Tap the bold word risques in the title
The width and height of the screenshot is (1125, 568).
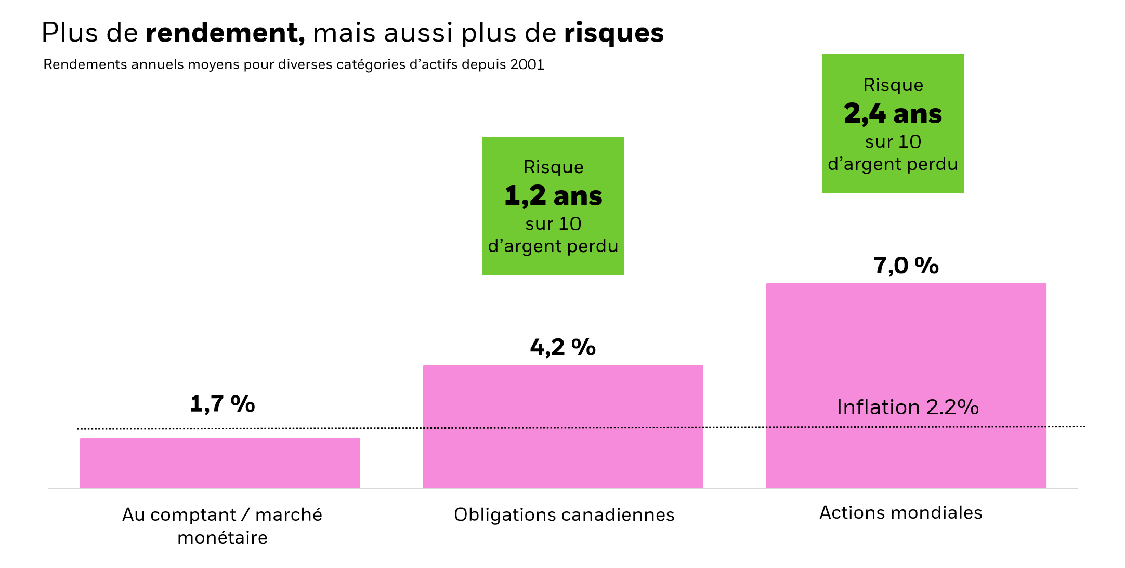[613, 33]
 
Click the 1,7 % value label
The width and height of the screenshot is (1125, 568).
[223, 404]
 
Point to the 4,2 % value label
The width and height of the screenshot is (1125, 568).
[562, 347]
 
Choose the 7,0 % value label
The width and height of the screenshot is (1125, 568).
[906, 266]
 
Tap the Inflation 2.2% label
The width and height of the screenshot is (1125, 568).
[907, 407]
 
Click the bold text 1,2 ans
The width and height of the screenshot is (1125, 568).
[553, 196]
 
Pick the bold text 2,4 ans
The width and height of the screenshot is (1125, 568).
[893, 114]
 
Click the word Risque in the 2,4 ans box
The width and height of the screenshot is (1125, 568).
[893, 85]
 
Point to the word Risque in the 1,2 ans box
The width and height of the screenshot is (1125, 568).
[553, 167]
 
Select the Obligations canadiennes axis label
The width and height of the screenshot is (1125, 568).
[564, 514]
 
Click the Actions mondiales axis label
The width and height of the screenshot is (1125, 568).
[900, 512]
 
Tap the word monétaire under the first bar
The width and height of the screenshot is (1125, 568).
[223, 537]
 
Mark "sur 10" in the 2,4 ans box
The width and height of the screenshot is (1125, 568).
[893, 141]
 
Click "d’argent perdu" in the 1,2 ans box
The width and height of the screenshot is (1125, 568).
[553, 246]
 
